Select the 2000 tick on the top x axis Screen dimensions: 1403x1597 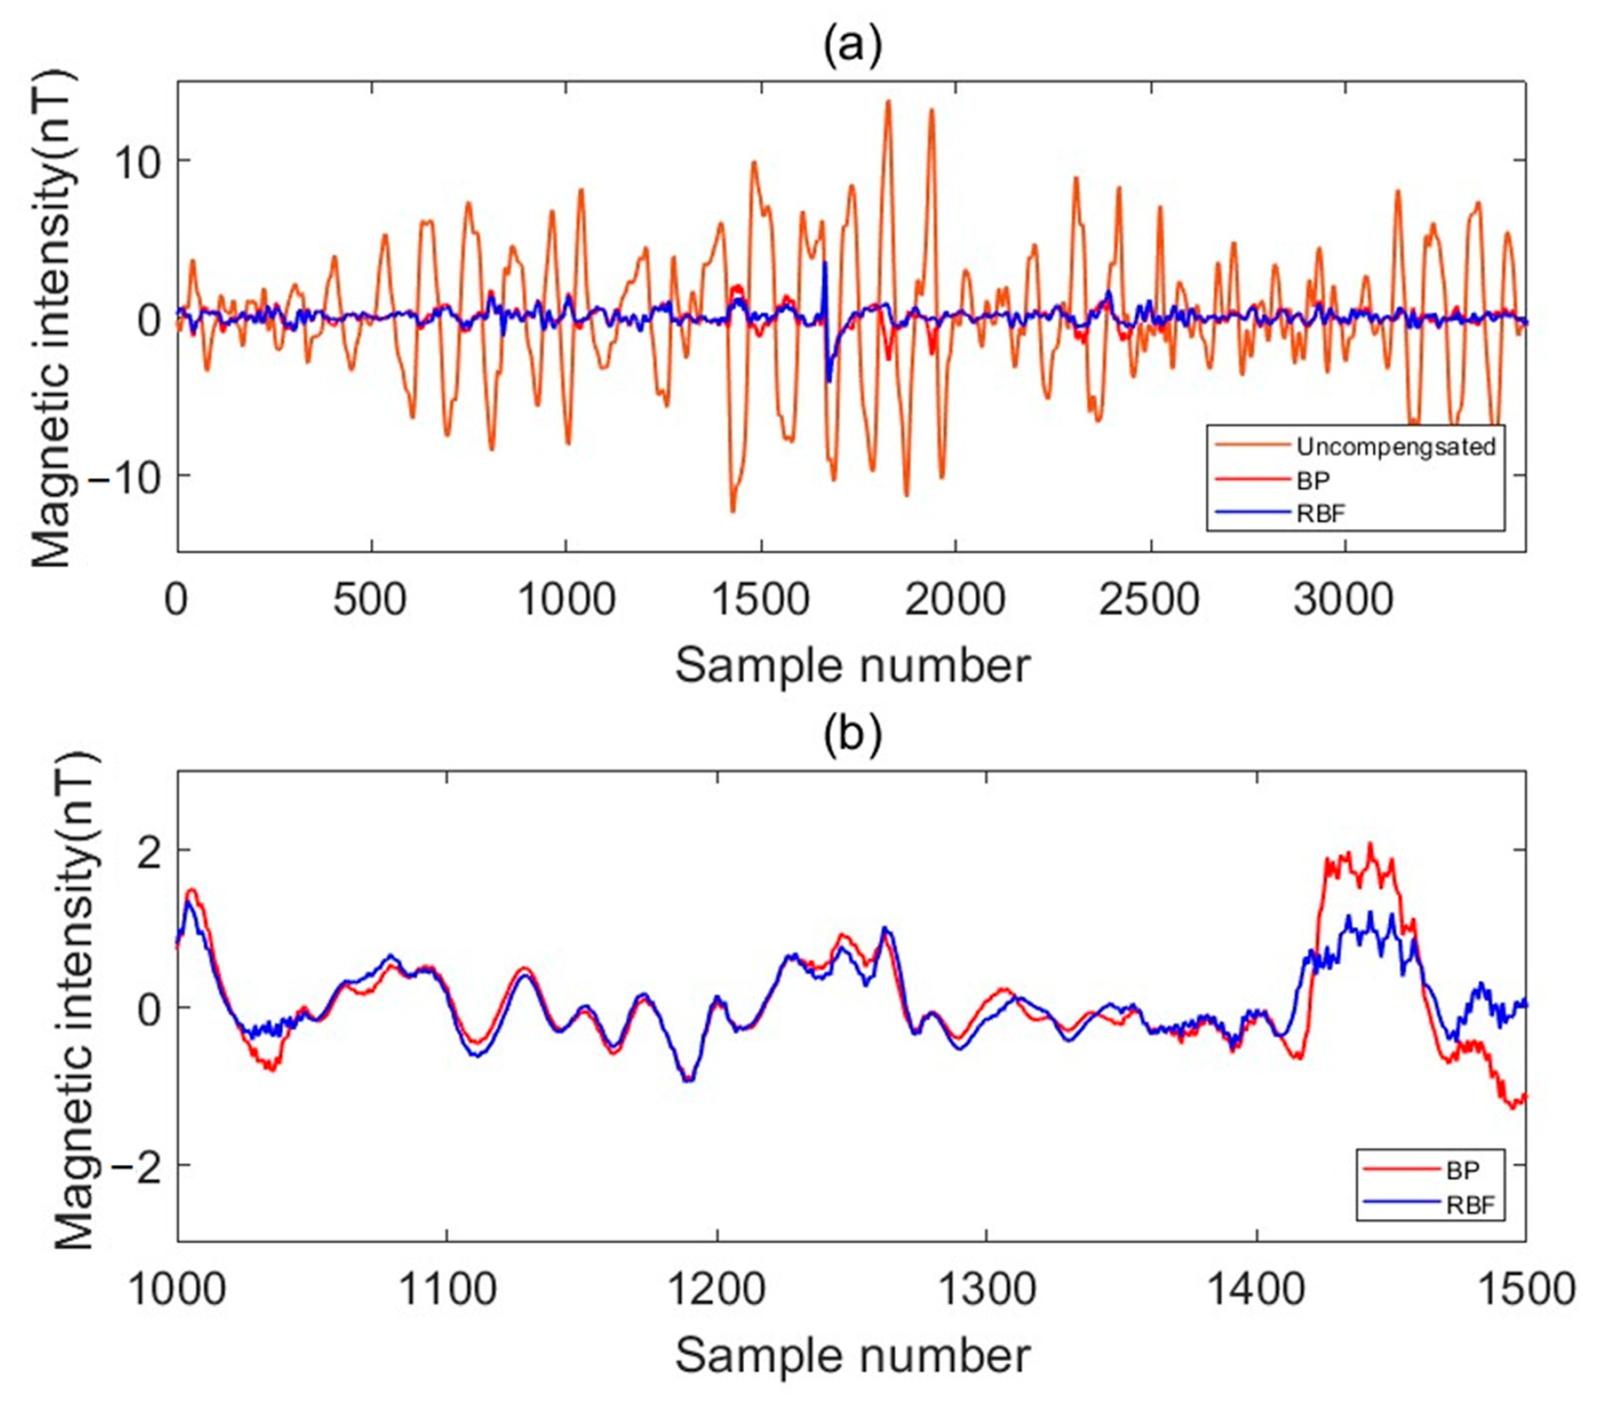955,601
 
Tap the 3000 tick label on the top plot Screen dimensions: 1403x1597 1344,601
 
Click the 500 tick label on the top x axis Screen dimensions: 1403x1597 370,601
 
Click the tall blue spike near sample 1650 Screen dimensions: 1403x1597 824,266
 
